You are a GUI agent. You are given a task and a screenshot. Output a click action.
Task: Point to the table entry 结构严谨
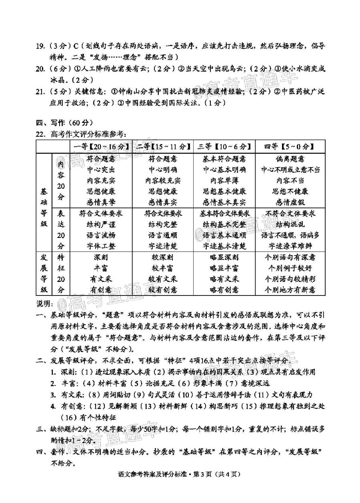click(x=101, y=224)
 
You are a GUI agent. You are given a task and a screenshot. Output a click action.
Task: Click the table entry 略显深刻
click(x=224, y=257)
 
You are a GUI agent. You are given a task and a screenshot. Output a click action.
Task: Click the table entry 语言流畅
click(x=101, y=235)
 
